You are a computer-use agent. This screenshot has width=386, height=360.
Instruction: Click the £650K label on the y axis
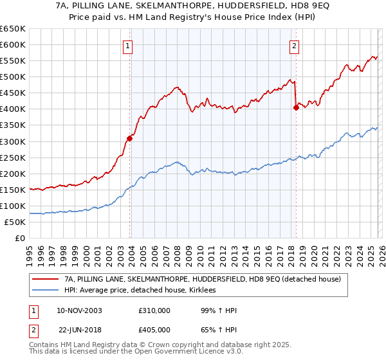point(14,29)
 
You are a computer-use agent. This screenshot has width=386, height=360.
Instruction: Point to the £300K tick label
point(14,141)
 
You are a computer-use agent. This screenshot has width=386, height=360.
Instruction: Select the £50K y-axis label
point(15,222)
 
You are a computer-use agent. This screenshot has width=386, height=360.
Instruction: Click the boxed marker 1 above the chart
point(129,46)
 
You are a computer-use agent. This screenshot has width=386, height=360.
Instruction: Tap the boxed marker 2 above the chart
point(294,46)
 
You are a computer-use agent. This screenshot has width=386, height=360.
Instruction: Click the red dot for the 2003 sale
point(130,138)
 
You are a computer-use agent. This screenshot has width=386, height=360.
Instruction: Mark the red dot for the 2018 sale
point(296,107)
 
